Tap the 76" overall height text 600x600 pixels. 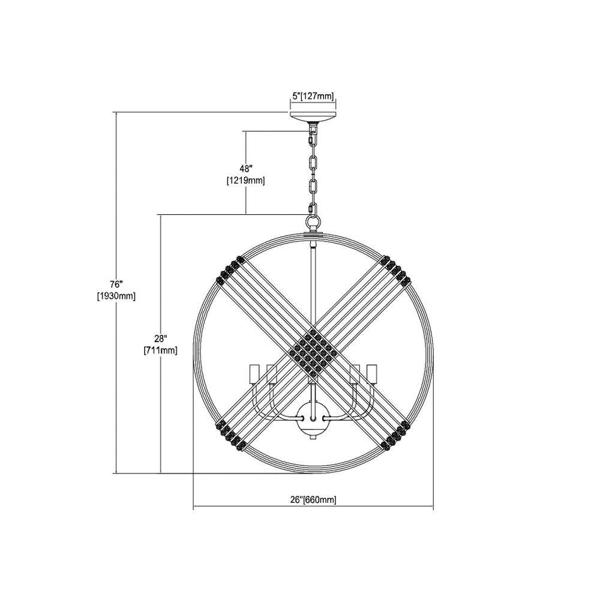(116, 284)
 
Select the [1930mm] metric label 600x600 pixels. (116, 296)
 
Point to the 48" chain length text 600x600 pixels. (246, 169)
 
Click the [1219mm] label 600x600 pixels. (245, 180)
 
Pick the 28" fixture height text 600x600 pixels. (160, 339)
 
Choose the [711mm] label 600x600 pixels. (160, 350)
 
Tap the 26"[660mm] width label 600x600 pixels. (314, 500)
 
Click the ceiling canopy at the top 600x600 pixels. (313, 117)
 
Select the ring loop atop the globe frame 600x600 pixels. (313, 221)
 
